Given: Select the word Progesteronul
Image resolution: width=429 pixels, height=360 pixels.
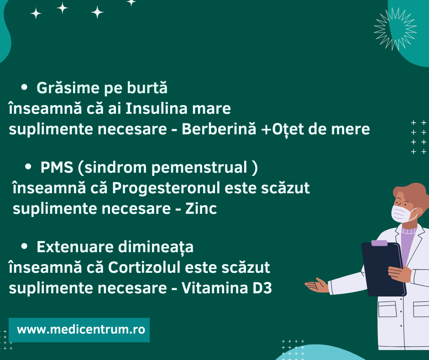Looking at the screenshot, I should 168,188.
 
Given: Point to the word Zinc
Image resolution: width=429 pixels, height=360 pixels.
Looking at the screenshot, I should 201,209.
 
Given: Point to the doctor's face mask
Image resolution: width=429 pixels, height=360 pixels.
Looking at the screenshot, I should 402,213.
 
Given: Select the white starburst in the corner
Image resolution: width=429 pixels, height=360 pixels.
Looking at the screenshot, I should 395,28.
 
